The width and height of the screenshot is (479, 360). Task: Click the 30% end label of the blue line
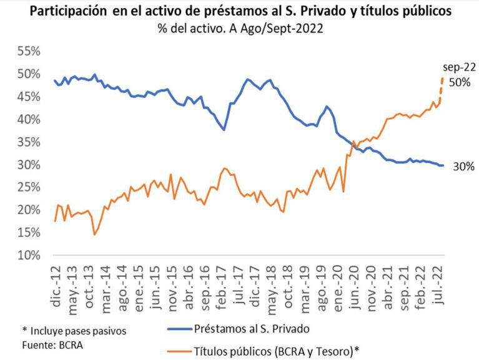tap(463, 166)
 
